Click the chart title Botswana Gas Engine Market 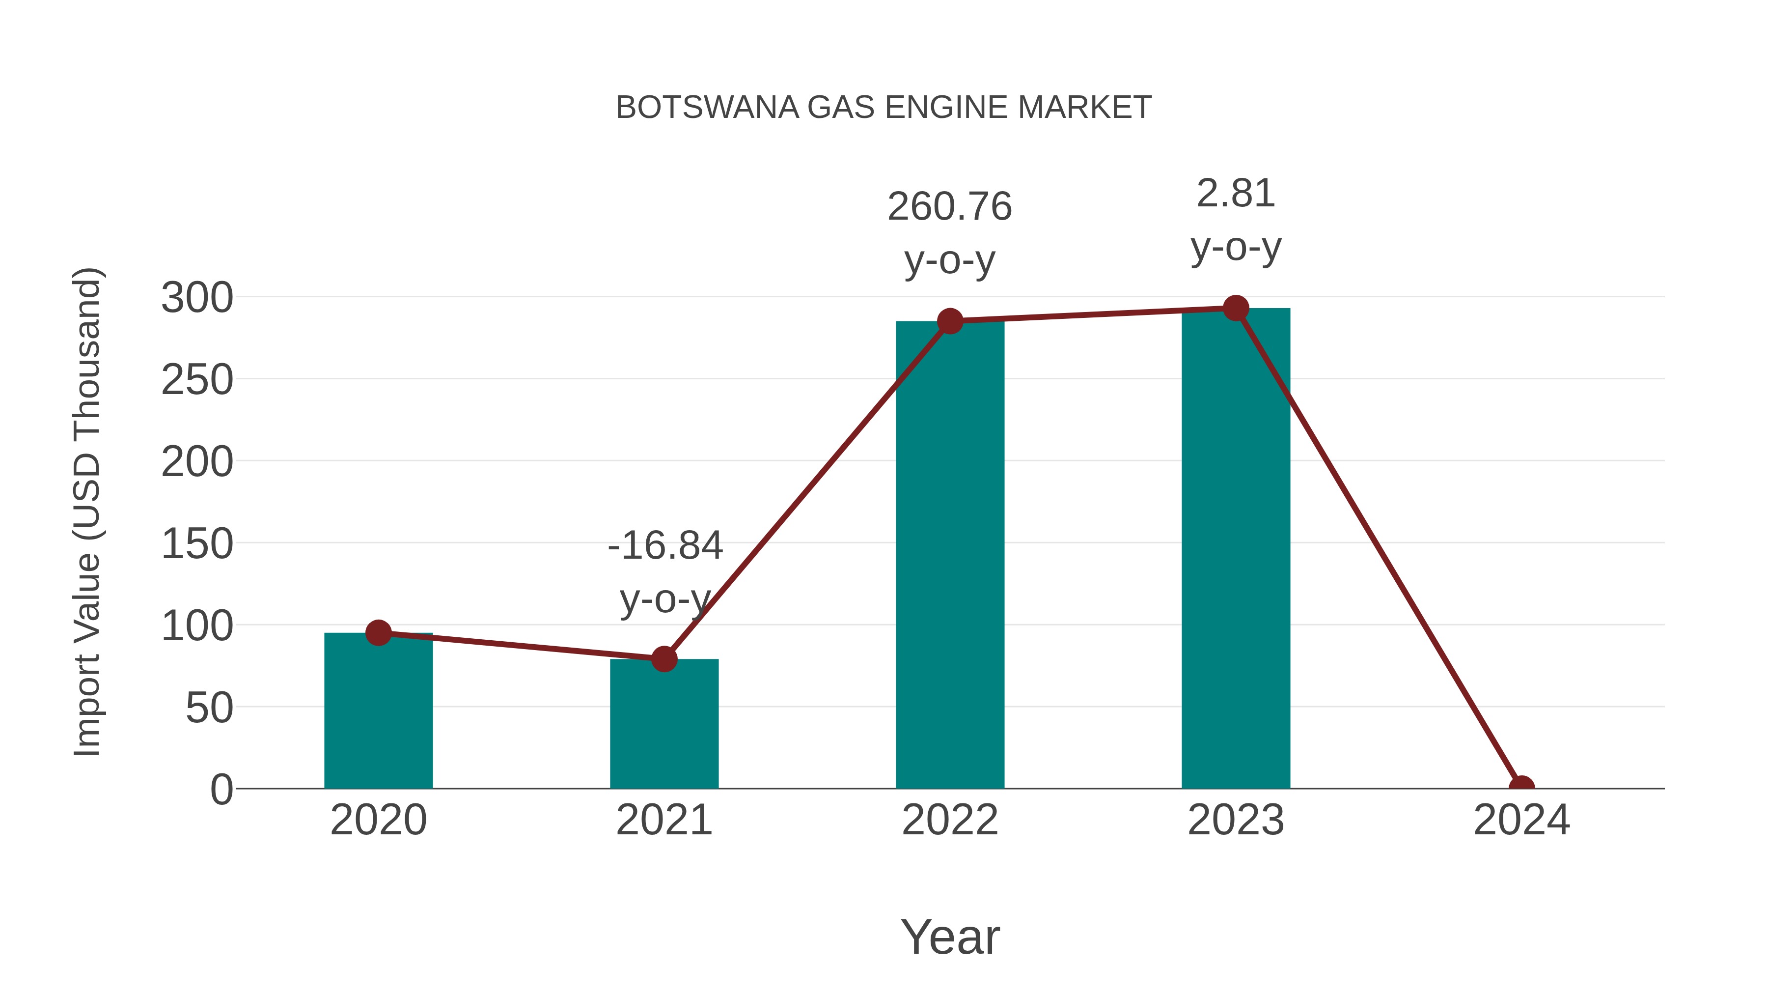(x=884, y=108)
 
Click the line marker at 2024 (x=1521, y=787)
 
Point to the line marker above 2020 (x=378, y=632)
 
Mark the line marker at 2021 (x=663, y=658)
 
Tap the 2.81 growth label (x=1236, y=193)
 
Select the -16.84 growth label (x=664, y=545)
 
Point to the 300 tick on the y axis (x=197, y=298)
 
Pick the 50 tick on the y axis (x=209, y=708)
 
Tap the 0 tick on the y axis (x=221, y=789)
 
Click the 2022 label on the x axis (x=949, y=820)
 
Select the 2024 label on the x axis (x=1521, y=820)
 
